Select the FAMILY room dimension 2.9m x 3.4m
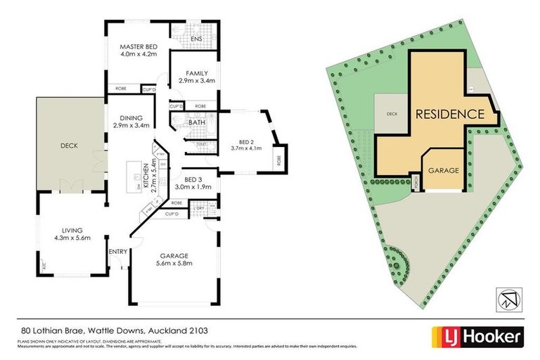tap(195, 81)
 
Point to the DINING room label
tap(131, 117)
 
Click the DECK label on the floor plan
tap(69, 146)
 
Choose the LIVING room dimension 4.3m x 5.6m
tap(71, 238)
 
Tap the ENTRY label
tap(117, 251)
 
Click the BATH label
tap(197, 122)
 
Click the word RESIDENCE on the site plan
tap(449, 113)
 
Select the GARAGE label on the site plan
tap(444, 171)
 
